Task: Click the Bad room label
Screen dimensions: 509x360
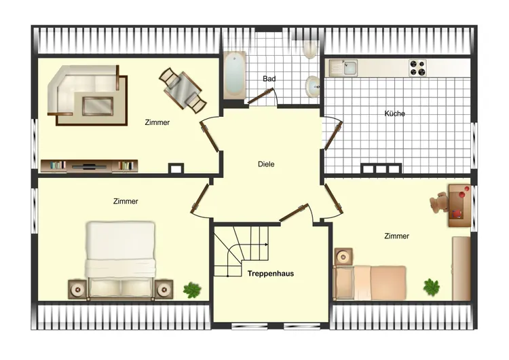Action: (x=269, y=79)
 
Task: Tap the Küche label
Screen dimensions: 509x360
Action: (x=394, y=113)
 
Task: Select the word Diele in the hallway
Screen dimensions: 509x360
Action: (x=266, y=164)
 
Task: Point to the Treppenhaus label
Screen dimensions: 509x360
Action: (x=270, y=274)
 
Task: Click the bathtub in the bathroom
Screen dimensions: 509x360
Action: (x=234, y=75)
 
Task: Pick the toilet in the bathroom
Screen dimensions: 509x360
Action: (x=310, y=50)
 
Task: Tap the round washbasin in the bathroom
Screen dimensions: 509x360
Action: (x=313, y=86)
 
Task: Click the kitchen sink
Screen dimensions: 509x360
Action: (x=343, y=68)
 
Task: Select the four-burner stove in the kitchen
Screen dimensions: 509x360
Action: (x=417, y=68)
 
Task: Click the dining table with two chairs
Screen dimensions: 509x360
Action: (x=183, y=90)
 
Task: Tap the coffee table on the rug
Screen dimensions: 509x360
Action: (x=98, y=105)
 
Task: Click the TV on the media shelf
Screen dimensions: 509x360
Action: (x=89, y=166)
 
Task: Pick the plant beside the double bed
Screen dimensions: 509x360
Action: (x=192, y=290)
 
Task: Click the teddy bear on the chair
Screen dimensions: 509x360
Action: (x=440, y=202)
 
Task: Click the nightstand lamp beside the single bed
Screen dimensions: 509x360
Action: (x=343, y=257)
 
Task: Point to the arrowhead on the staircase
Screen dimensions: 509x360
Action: (x=267, y=245)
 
